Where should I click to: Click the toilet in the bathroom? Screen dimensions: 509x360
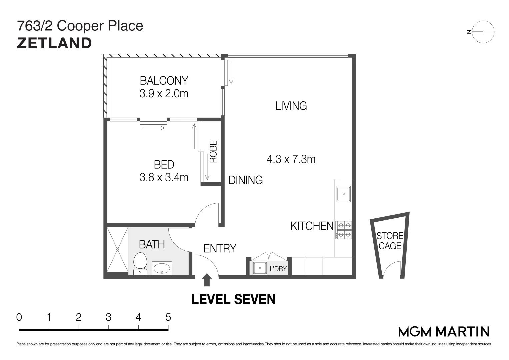140,263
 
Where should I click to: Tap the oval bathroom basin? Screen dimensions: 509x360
162,268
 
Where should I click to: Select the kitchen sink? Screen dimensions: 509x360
343,194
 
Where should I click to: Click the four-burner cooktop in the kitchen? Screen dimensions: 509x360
344,230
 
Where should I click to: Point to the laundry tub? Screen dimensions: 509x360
260,268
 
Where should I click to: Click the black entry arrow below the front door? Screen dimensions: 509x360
207,280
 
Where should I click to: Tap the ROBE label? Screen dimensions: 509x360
213,152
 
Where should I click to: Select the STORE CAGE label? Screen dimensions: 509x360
390,241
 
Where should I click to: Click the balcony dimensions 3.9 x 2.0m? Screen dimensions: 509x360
164,93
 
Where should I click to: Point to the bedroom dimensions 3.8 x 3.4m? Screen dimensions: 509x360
164,177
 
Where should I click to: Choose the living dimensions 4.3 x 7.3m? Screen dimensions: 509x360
291,159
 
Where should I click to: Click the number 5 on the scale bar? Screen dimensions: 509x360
168,317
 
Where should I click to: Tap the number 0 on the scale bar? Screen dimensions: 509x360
19,317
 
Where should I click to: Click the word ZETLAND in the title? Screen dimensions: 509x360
54,43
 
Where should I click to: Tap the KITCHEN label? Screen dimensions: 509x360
312,226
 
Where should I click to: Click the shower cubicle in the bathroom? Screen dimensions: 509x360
117,250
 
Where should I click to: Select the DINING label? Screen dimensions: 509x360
246,180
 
